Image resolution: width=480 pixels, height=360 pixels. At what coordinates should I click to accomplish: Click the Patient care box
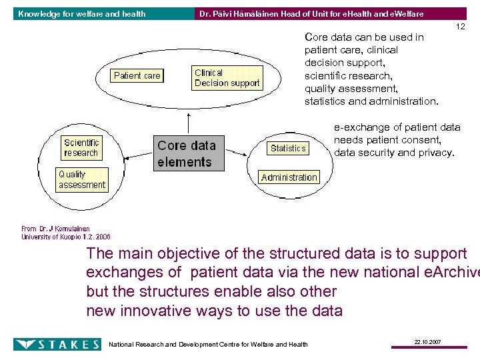pos(137,76)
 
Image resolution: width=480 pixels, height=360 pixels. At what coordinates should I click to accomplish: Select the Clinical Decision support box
pos(227,78)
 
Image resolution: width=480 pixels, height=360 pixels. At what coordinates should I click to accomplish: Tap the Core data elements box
pos(187,153)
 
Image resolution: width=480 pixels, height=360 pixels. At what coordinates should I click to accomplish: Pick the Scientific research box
pos(81,147)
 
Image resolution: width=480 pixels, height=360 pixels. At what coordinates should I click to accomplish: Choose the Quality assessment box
pos(81,180)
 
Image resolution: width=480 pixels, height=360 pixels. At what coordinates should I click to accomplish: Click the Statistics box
pos(288,148)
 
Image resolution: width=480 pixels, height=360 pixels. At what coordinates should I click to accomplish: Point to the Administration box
pos(289,177)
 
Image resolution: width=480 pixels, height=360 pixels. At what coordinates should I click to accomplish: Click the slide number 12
pos(459,27)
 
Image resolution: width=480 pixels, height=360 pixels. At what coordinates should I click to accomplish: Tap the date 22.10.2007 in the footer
pos(426,341)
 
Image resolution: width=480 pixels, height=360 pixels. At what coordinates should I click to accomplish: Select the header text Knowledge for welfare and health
pos(81,13)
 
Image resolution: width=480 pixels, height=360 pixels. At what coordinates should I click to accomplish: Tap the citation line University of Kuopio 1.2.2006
pos(65,237)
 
